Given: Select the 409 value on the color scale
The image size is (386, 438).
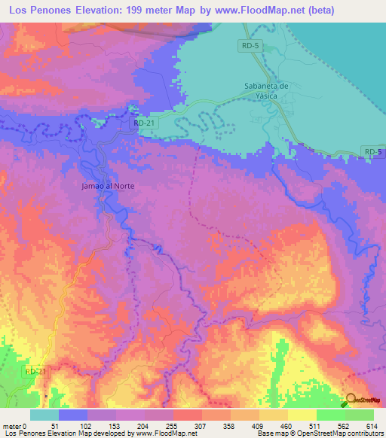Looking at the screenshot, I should (261, 426).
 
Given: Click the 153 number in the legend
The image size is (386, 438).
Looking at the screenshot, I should (117, 426).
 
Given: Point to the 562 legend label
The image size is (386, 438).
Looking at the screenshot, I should (346, 426).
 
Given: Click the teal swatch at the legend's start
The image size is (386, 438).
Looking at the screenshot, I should (44, 415).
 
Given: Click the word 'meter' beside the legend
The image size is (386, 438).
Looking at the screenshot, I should (12, 426).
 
